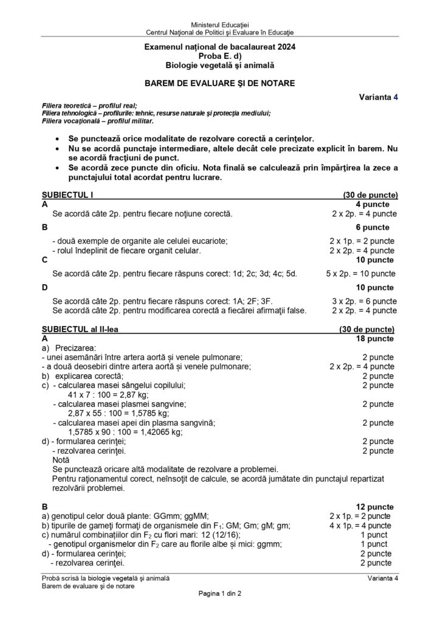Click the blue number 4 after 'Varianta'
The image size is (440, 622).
point(395,96)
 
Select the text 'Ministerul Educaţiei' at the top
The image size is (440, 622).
point(219,22)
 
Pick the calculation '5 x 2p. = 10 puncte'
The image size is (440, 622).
point(360,273)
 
